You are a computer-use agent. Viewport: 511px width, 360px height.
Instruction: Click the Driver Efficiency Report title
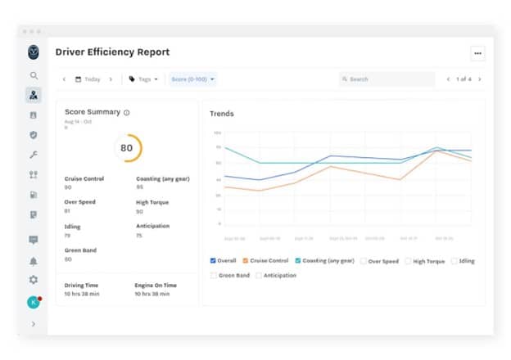(112, 52)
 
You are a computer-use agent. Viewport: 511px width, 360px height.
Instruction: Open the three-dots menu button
(477, 53)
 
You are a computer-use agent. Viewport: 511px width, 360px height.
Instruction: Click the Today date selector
(88, 79)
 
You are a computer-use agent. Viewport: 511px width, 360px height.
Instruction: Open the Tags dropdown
(143, 79)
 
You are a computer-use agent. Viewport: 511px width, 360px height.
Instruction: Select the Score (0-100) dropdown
(192, 79)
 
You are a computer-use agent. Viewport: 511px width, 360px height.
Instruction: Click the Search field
(387, 79)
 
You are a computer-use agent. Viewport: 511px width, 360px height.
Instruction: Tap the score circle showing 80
(126, 148)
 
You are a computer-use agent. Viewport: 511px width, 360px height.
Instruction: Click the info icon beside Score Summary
(127, 112)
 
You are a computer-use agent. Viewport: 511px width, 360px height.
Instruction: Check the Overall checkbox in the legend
(213, 261)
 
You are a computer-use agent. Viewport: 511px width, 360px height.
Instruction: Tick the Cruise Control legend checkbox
(246, 261)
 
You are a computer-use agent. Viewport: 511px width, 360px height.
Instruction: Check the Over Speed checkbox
(364, 261)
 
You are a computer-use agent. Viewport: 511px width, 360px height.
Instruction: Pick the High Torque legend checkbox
(408, 261)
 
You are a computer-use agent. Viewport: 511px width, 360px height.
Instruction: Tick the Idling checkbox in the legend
(454, 261)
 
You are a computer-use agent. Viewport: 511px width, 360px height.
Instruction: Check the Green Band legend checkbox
(214, 276)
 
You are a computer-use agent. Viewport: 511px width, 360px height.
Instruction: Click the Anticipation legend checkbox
(259, 276)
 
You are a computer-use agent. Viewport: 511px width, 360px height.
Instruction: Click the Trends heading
(221, 114)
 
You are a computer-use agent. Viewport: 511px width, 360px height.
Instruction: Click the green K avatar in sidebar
(34, 302)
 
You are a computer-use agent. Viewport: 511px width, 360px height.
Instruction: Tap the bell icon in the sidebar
(34, 262)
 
